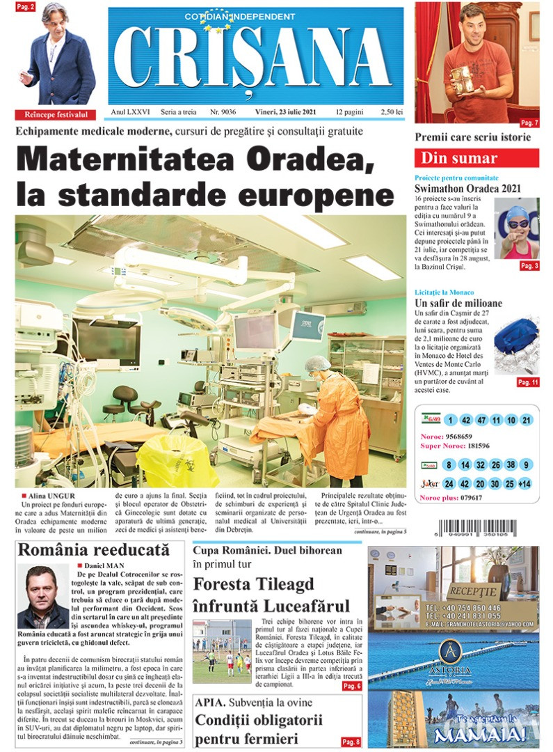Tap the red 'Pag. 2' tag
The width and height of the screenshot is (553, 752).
point(26,7)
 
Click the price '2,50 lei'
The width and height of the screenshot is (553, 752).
point(392,112)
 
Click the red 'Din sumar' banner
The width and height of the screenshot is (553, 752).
point(476,158)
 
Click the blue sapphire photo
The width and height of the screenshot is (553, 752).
point(516,345)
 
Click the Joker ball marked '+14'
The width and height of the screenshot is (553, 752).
point(525,483)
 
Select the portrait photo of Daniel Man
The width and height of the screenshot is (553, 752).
point(43,597)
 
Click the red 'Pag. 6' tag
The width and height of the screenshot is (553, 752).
point(351,686)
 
